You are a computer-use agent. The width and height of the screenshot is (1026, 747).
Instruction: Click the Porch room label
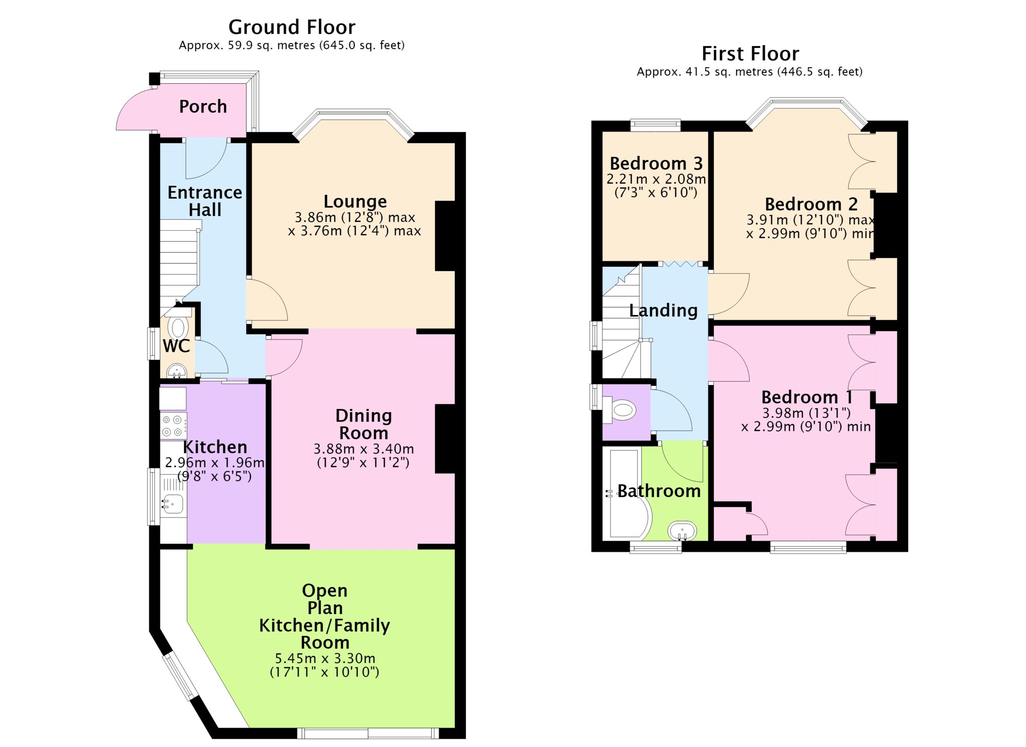pyautogui.click(x=203, y=107)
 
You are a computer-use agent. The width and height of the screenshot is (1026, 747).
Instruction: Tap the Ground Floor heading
pyautogui.click(x=292, y=27)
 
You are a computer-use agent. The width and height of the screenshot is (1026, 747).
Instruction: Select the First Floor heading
pyautogui.click(x=750, y=54)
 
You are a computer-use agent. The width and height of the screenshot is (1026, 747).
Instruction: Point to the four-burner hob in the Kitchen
pyautogui.click(x=173, y=426)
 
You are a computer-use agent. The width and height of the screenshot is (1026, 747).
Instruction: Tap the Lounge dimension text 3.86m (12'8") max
pyautogui.click(x=355, y=217)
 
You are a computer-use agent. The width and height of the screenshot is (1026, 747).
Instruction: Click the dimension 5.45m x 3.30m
pyautogui.click(x=325, y=658)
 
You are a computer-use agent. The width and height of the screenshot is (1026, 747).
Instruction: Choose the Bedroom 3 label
pyautogui.click(x=656, y=163)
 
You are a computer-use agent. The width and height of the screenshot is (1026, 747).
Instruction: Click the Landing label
pyautogui.click(x=663, y=311)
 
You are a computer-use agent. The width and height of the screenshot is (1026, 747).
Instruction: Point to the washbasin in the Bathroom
pyautogui.click(x=682, y=531)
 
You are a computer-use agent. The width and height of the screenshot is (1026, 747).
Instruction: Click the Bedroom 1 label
pyautogui.click(x=807, y=397)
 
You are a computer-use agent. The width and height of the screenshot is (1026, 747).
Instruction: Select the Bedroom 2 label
pyautogui.click(x=811, y=204)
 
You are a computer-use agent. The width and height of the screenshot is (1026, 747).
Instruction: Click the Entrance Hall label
pyautogui.click(x=205, y=201)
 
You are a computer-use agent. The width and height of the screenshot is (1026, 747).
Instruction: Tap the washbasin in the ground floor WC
pyautogui.click(x=177, y=371)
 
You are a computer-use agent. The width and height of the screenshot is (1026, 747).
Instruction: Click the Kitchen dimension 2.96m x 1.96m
pyautogui.click(x=214, y=462)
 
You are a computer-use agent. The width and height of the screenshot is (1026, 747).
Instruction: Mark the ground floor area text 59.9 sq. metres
pyautogui.click(x=265, y=45)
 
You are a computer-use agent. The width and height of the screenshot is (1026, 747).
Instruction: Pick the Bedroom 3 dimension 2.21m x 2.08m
pyautogui.click(x=656, y=179)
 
